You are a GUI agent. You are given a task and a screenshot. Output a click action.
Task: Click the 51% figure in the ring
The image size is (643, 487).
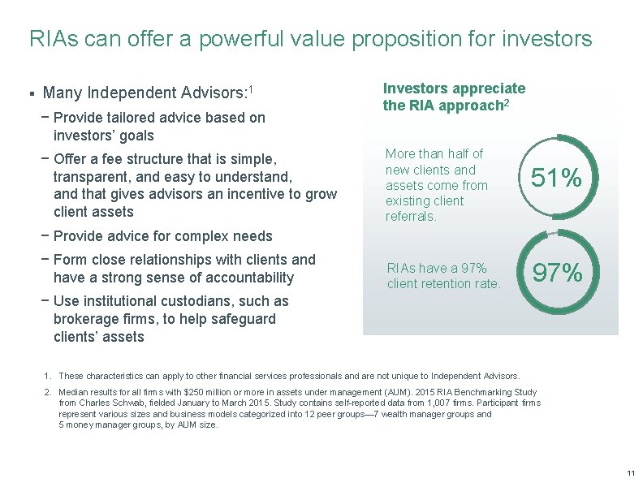pyautogui.click(x=556, y=178)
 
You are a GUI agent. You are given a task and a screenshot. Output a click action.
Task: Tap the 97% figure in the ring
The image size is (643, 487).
pyautogui.click(x=556, y=274)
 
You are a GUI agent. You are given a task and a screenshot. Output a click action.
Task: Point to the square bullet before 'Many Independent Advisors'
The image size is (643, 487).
pyautogui.click(x=31, y=93)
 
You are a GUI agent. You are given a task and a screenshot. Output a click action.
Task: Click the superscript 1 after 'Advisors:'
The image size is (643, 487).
pyautogui.click(x=252, y=88)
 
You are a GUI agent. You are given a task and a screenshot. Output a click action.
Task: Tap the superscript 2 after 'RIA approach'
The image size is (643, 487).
pyautogui.click(x=508, y=102)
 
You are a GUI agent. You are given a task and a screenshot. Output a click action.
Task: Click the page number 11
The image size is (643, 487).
pyautogui.click(x=630, y=473)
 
